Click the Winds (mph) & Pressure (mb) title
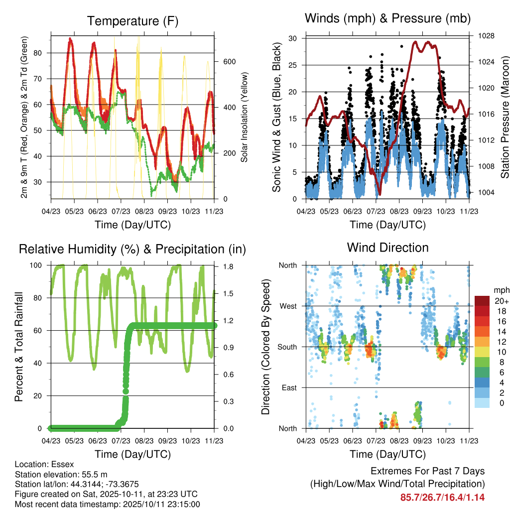point(387,19)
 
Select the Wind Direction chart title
point(387,248)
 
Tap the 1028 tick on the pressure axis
point(483,36)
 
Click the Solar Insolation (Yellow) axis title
point(244,118)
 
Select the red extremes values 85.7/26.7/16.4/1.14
point(442,497)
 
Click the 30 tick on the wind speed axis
point(293,38)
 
